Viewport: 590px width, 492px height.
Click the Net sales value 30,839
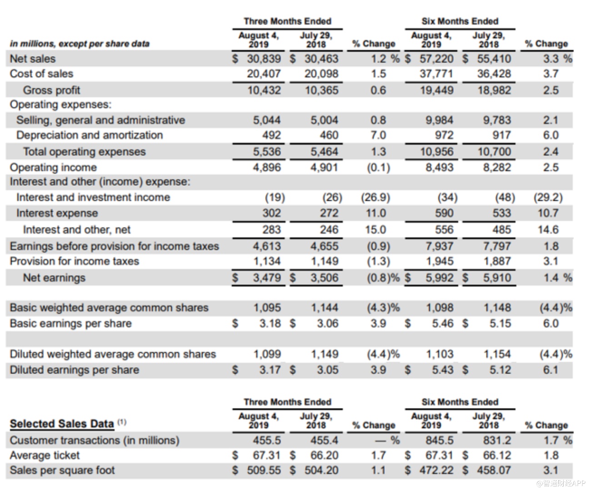click(264, 59)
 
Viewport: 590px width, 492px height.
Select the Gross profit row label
click(51, 90)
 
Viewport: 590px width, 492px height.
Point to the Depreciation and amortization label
click(90, 135)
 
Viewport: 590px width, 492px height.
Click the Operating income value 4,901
click(324, 167)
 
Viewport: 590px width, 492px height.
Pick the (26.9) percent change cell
click(375, 197)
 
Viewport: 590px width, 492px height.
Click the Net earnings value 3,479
click(267, 277)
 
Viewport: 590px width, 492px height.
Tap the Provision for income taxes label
click(75, 261)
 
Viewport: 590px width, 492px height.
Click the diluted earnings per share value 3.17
click(270, 370)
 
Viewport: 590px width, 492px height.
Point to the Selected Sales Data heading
click(62, 424)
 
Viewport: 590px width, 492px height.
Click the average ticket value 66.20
click(324, 455)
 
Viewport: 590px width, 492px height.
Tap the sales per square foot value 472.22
click(436, 470)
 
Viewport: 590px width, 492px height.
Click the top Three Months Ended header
click(287, 21)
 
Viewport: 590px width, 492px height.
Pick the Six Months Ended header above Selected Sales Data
click(460, 402)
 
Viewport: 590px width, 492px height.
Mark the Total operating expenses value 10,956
click(437, 151)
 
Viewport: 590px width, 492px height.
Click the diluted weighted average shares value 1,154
click(497, 354)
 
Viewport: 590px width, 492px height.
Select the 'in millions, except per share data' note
click(80, 44)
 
